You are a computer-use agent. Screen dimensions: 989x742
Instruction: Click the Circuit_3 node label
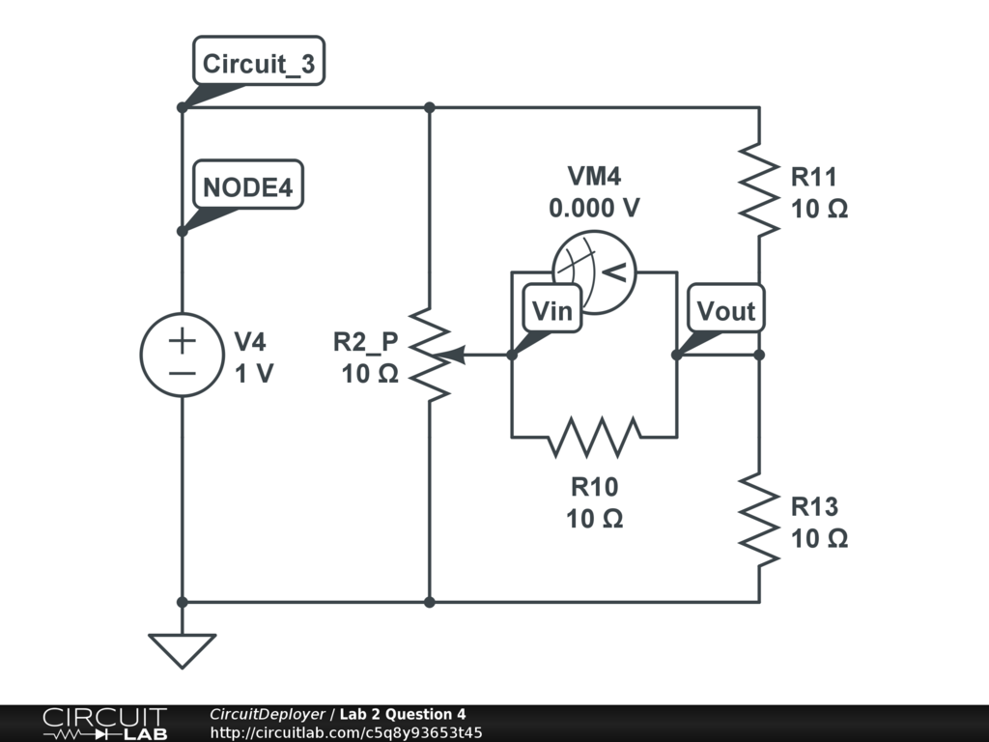coord(259,61)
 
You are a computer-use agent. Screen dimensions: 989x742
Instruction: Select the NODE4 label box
coord(248,185)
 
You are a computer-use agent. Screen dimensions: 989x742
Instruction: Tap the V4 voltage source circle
coord(183,356)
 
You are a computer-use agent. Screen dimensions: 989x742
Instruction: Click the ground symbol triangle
coord(183,650)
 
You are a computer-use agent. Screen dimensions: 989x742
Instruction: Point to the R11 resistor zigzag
coord(759,190)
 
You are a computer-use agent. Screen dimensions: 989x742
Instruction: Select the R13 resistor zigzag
coord(759,520)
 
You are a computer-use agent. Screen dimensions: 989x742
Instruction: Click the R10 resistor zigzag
coord(594,437)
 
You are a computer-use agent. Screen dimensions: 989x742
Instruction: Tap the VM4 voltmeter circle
coord(594,271)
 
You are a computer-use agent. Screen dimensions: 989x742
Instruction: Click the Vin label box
coord(552,308)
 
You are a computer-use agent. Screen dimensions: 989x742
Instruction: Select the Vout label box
coord(726,308)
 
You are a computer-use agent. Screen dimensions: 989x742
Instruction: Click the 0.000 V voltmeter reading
coord(594,208)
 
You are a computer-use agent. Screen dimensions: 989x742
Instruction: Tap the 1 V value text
coord(254,374)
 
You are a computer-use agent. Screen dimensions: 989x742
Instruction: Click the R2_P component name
coord(366,341)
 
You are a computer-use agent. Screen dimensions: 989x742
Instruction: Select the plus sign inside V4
coord(183,341)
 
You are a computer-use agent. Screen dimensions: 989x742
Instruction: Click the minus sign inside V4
coord(183,374)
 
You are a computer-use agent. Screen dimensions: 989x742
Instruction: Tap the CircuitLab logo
coord(105,724)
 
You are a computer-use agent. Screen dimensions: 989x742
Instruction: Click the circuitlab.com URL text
coord(347,732)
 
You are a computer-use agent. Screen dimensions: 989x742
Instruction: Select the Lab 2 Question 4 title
coord(403,714)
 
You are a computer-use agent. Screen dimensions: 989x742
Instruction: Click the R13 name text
coord(814,506)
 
